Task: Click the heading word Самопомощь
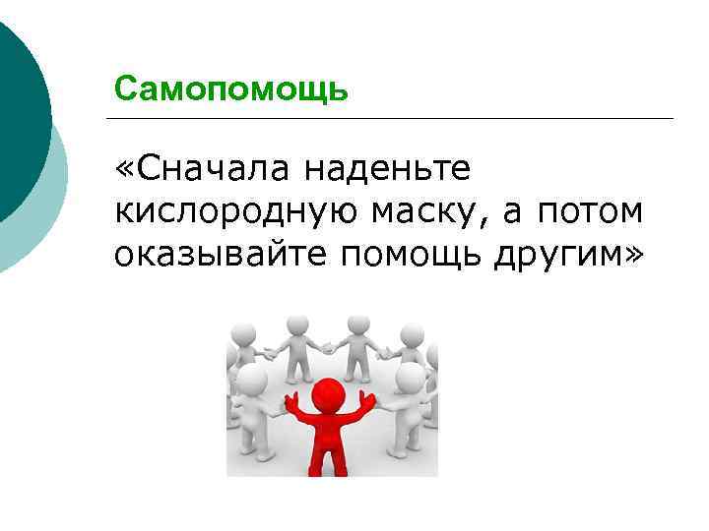[230, 89]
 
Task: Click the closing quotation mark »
[631, 255]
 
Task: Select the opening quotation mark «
[123, 170]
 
